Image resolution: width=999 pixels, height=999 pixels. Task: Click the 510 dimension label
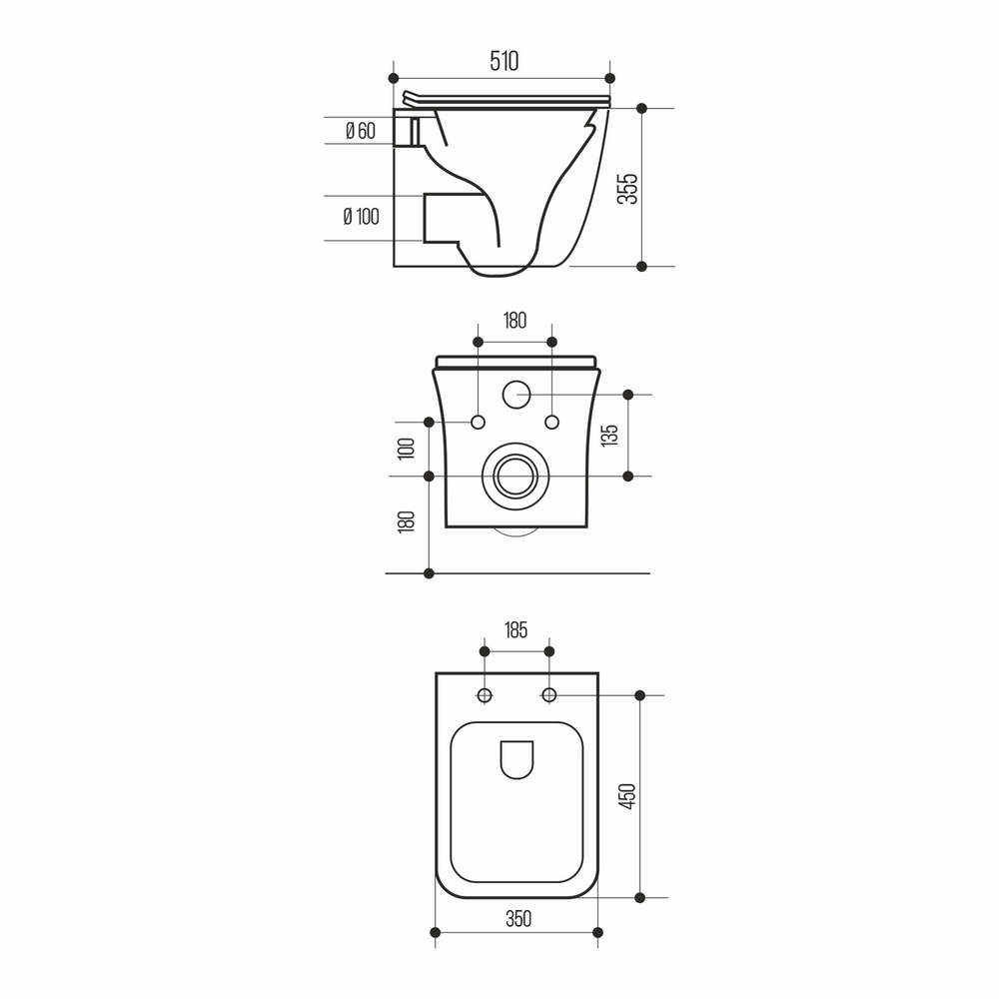pyautogui.click(x=503, y=61)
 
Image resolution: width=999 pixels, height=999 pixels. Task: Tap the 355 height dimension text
pyautogui.click(x=626, y=187)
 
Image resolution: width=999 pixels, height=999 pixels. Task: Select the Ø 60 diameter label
pyautogui.click(x=360, y=131)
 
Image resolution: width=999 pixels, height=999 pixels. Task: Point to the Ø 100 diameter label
pyautogui.click(x=361, y=217)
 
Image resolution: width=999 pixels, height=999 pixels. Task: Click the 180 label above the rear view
pyautogui.click(x=514, y=321)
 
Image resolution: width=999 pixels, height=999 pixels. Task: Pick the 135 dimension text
pyautogui.click(x=610, y=435)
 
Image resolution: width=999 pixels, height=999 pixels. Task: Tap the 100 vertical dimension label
pyautogui.click(x=406, y=448)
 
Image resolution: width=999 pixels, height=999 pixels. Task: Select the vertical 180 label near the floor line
pyautogui.click(x=406, y=523)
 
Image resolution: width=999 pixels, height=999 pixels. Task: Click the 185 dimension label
pyautogui.click(x=514, y=629)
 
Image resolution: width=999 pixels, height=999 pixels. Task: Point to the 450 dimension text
pyautogui.click(x=626, y=795)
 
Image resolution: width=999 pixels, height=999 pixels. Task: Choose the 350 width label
pyautogui.click(x=516, y=918)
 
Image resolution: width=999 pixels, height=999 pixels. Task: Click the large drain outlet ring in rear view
pyautogui.click(x=516, y=476)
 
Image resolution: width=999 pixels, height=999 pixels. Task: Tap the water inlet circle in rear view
pyautogui.click(x=516, y=395)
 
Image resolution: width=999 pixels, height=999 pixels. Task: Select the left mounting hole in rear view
pyautogui.click(x=479, y=422)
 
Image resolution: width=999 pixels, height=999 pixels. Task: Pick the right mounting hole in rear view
pyautogui.click(x=552, y=422)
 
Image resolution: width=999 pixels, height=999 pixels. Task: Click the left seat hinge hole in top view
pyautogui.click(x=485, y=694)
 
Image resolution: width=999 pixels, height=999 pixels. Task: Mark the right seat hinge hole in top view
pyautogui.click(x=548, y=694)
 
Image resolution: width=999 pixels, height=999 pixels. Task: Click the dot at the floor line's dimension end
pyautogui.click(x=430, y=573)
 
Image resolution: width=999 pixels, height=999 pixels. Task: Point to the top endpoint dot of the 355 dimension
pyautogui.click(x=641, y=107)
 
